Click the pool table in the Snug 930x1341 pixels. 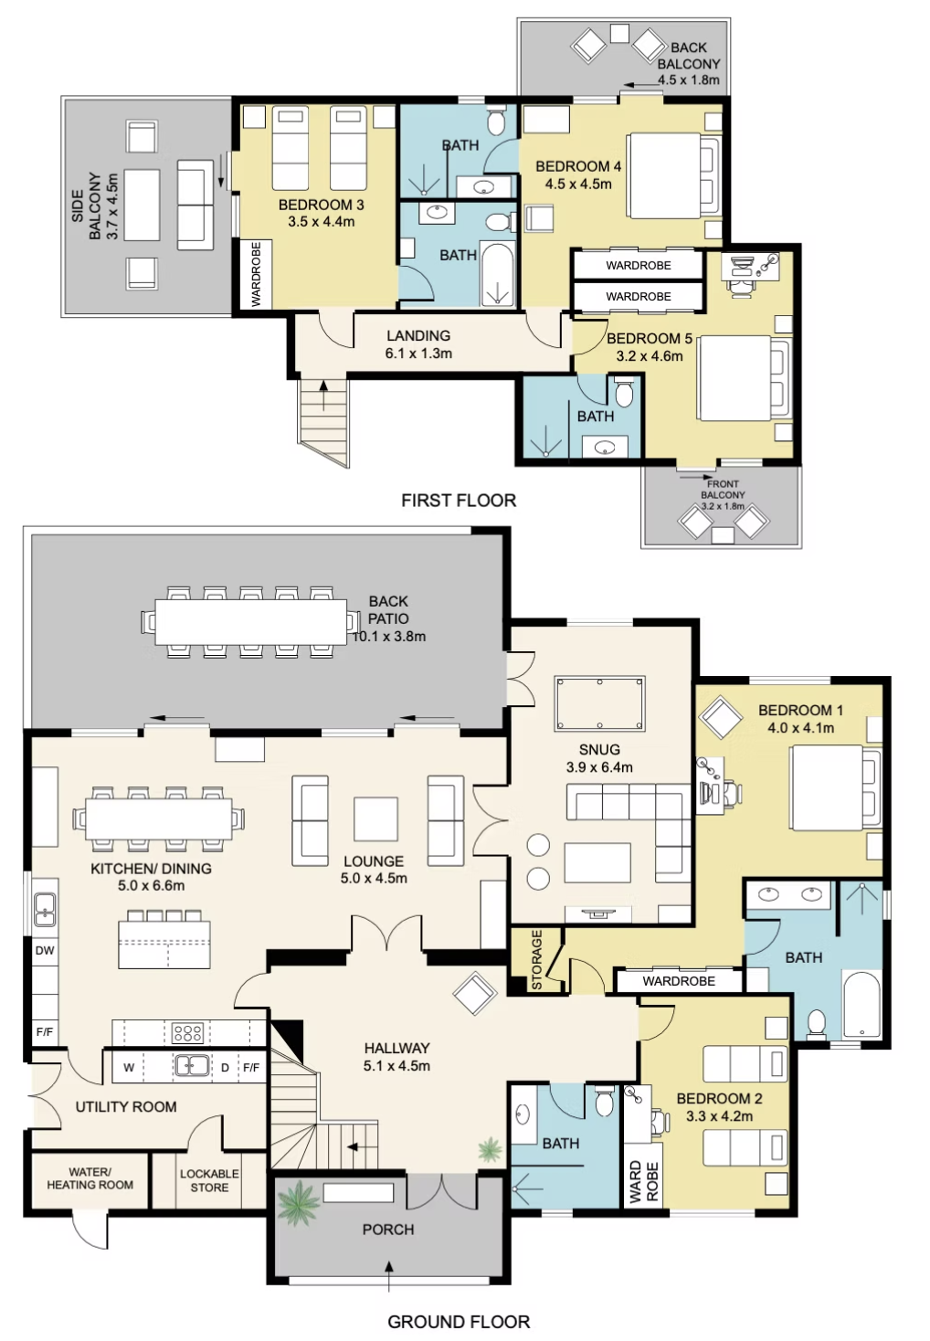click(x=599, y=703)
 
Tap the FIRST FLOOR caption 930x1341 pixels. click(x=458, y=501)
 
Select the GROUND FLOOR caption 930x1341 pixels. click(x=459, y=1322)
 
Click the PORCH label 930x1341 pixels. click(x=388, y=1230)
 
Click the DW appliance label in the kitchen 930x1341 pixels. click(x=45, y=950)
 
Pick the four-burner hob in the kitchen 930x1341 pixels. click(x=187, y=1032)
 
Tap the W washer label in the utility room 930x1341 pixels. click(x=129, y=1068)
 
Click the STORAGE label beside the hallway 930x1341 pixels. click(x=536, y=960)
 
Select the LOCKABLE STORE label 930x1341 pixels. click(x=209, y=1180)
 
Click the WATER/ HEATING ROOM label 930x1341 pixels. click(x=90, y=1178)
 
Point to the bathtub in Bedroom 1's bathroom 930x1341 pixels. click(x=861, y=1005)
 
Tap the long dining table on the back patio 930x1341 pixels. click(x=251, y=622)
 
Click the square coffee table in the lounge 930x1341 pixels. click(x=375, y=819)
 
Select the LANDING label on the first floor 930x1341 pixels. click(x=418, y=336)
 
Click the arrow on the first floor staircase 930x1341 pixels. click(x=324, y=396)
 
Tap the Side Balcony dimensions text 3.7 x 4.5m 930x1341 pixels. click(x=112, y=206)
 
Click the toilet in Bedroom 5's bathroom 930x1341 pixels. click(x=624, y=392)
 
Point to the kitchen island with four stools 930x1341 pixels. click(x=164, y=939)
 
